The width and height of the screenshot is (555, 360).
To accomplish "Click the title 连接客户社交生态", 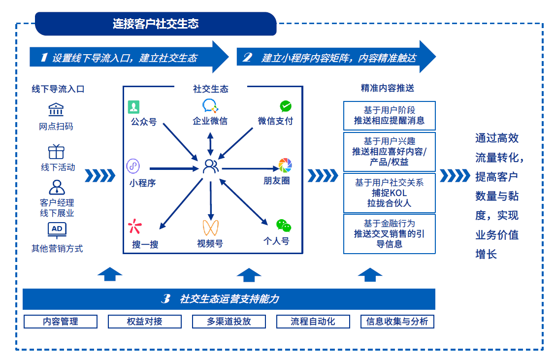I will (156, 24).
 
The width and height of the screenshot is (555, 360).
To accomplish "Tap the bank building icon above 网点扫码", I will (56, 109).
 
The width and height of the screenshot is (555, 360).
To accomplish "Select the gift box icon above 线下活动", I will (56, 151).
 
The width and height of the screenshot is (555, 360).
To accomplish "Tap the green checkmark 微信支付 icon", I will (286, 106).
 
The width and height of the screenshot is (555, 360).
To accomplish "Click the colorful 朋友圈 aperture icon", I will (285, 165).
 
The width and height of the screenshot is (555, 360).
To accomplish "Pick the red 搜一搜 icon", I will (134, 227).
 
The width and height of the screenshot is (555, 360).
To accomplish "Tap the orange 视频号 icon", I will (210, 227).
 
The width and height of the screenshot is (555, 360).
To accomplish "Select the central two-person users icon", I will (211, 166).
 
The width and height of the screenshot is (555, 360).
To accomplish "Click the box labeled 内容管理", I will (61, 322).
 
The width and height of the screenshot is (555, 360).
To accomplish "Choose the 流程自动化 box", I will (313, 322).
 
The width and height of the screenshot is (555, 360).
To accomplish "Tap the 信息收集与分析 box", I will (397, 322).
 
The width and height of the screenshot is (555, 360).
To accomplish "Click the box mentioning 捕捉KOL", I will (389, 193).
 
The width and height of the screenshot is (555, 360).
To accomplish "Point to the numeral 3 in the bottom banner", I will (166, 299).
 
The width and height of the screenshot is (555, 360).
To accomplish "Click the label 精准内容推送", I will (388, 88).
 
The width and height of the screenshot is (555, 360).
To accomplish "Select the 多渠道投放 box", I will (229, 322).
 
